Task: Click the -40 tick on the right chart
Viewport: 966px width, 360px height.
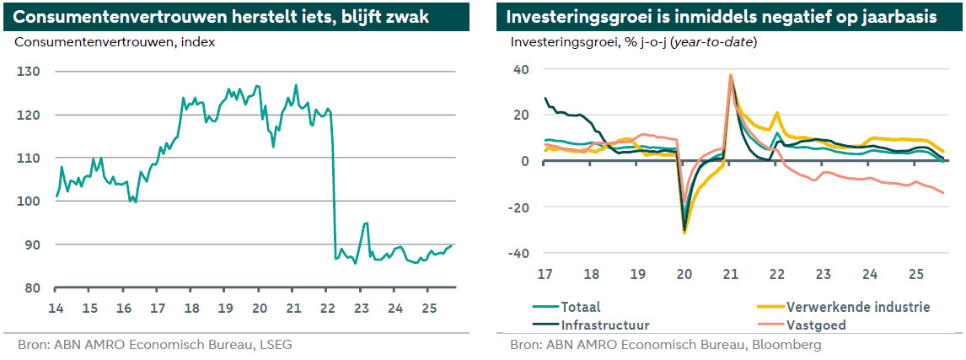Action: coord(517,254)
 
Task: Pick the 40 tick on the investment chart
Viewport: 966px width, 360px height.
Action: coord(520,70)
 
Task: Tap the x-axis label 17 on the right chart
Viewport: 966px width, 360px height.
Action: coord(545,274)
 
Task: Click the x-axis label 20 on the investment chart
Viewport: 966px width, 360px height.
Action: coord(684,274)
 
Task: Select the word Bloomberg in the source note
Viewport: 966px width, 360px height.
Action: coord(788,344)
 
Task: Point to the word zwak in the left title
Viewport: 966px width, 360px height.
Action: coord(406,17)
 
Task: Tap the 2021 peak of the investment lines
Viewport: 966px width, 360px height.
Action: coord(730,75)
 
